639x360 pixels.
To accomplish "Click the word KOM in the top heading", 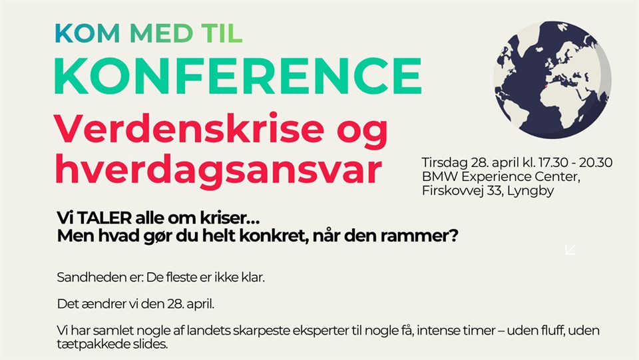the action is point(88,33).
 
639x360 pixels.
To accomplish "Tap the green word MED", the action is point(162,33).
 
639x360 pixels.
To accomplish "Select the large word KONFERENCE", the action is point(238,76).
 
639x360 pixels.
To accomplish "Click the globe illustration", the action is point(552,81).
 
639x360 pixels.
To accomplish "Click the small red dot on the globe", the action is point(544,87).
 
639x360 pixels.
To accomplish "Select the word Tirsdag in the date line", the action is point(445,163).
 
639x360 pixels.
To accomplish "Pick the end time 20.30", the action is point(596,162).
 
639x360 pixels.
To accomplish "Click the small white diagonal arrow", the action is point(571,250).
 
